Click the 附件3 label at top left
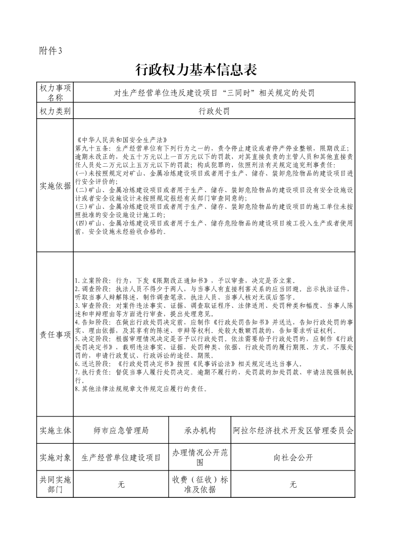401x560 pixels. click(50, 51)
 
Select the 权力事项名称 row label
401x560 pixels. click(55, 93)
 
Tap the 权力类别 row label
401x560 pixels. click(55, 111)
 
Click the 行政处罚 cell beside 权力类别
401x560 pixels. click(214, 111)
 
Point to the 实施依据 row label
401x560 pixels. click(55, 185)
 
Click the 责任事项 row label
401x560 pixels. click(55, 335)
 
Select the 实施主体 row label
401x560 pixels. click(55, 431)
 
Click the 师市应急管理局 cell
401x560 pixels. click(121, 431)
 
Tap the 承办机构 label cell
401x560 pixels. click(200, 431)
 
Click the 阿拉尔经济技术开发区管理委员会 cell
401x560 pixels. click(293, 431)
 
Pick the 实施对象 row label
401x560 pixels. click(55, 457)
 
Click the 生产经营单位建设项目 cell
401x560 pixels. click(121, 457)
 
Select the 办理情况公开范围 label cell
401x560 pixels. click(200, 457)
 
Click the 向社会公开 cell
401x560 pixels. click(293, 457)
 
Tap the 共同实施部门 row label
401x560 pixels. click(55, 484)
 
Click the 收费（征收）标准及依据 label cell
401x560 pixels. click(200, 484)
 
